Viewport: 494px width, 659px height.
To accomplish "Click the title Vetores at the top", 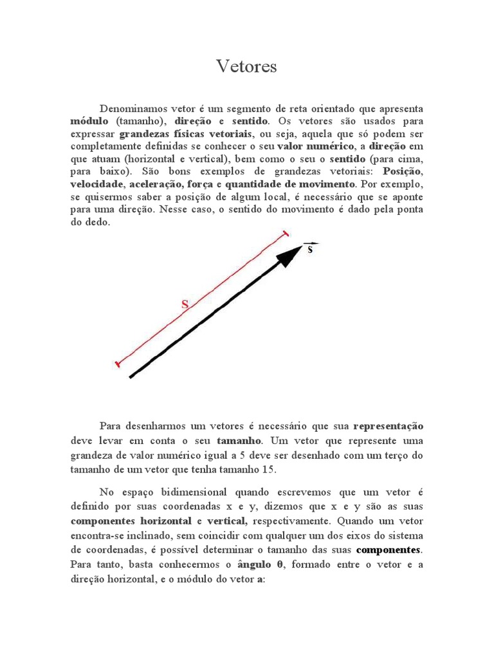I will (x=246, y=66).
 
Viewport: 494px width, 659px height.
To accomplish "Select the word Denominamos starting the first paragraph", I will (x=130, y=108).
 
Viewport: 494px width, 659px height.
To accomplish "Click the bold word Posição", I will (x=403, y=171).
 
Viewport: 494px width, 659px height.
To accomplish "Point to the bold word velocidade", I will (x=96, y=184).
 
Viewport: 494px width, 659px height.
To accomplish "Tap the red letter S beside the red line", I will (x=185, y=305).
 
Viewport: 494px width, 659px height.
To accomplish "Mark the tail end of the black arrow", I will (x=131, y=376).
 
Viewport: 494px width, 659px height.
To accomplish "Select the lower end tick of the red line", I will (x=117, y=364).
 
